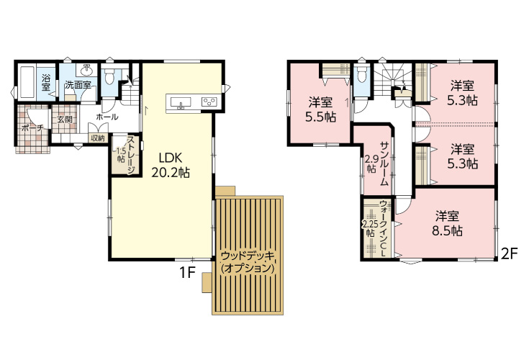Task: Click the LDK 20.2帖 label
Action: [x=171, y=166]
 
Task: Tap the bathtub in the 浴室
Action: [x=27, y=82]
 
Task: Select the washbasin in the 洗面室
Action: [x=87, y=71]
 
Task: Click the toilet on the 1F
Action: [x=109, y=78]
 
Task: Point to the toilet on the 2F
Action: [x=361, y=75]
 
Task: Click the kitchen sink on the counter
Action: [x=181, y=102]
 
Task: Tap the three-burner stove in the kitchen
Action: [x=209, y=102]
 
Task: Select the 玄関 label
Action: [x=64, y=119]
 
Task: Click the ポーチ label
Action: [x=32, y=128]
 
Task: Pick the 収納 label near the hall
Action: [x=97, y=138]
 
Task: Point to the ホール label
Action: [x=107, y=117]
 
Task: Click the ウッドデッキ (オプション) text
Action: [x=248, y=262]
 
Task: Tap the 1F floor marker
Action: [x=187, y=273]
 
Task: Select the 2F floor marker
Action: [x=510, y=254]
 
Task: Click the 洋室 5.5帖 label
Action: [x=320, y=109]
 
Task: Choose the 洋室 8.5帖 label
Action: [x=447, y=223]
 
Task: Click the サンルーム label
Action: [x=384, y=163]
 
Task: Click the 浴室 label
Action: [x=46, y=83]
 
